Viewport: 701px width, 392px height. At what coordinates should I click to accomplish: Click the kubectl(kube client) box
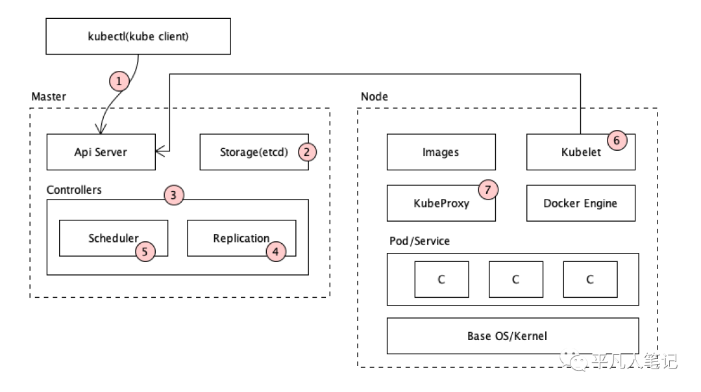138,36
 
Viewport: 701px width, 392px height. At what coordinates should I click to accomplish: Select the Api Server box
101,152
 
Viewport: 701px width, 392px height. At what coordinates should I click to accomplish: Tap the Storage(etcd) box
254,152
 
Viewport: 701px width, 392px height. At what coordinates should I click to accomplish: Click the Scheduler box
114,238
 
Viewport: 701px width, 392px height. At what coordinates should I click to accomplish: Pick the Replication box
241,238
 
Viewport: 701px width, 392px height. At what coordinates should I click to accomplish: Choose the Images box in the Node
441,152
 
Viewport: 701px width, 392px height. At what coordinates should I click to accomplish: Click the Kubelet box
581,152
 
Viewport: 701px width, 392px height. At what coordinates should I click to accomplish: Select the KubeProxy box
441,203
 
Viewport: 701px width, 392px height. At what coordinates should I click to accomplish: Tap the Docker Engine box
581,203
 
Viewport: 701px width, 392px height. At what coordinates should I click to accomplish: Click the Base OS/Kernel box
513,336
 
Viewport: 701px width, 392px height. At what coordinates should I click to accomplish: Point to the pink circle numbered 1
119,81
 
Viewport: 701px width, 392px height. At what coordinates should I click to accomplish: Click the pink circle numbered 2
306,152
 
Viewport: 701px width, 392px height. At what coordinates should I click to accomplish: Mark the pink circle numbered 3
173,195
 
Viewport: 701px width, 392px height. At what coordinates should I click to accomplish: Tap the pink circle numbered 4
276,252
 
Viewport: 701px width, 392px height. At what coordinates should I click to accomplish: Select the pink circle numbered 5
145,252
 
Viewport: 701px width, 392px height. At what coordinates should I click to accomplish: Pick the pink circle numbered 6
617,140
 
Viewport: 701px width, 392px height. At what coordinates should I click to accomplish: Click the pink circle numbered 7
488,190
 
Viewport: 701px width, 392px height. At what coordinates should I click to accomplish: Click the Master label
49,96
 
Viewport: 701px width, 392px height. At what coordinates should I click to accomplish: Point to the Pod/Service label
419,241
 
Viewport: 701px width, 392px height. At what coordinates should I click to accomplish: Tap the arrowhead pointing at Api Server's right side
160,151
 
